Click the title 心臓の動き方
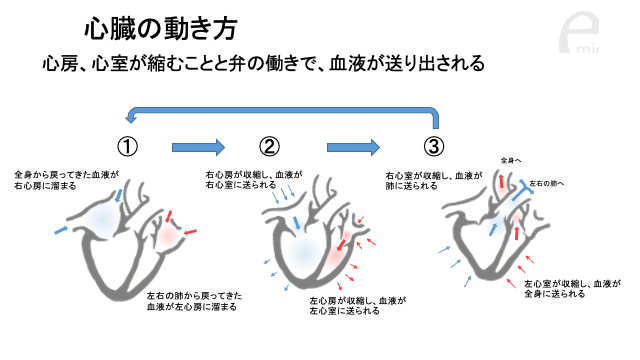point(160,29)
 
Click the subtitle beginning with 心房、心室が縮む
point(263,63)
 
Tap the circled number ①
point(127,146)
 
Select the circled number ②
point(269,146)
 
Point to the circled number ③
point(433,146)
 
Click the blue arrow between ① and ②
point(198,147)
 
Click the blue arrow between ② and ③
point(353,147)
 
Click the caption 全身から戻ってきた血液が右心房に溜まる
point(67,180)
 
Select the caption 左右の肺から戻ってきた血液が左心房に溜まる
point(194,301)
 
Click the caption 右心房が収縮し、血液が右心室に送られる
point(254,180)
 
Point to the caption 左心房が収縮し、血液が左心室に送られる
point(358,306)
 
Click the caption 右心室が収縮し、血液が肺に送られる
point(434,180)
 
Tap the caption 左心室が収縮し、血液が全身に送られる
point(572,289)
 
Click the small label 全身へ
point(511,161)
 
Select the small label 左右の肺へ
point(547,184)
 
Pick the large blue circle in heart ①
point(102,220)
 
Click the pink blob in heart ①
point(168,235)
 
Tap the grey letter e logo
point(579,33)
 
